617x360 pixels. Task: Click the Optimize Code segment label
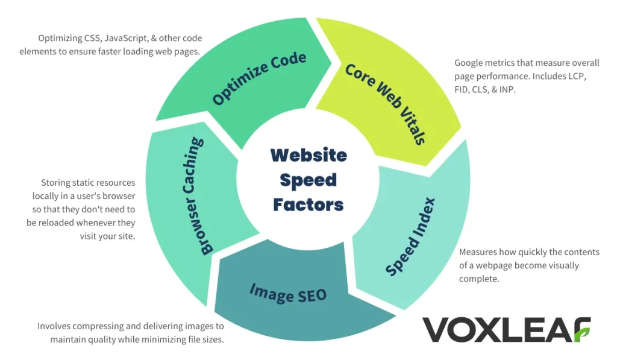[x=260, y=79]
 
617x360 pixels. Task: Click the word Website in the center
[x=308, y=156]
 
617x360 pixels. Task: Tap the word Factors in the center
[x=308, y=204]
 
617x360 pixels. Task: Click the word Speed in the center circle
[x=308, y=180]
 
